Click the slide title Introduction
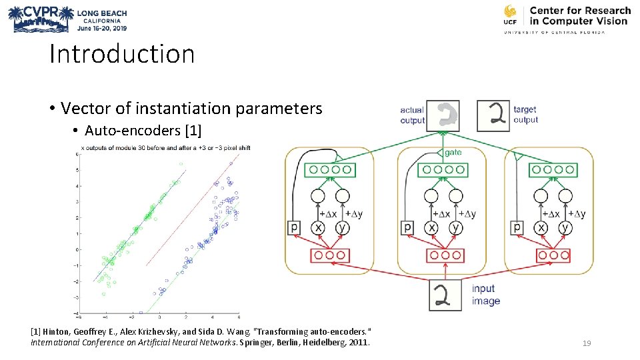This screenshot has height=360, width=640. click(122, 54)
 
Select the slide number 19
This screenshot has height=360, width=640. click(587, 343)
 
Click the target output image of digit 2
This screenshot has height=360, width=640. click(493, 115)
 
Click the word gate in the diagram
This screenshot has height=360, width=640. click(453, 153)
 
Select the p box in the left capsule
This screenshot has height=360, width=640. click(294, 227)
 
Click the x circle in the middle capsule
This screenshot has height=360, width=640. click(432, 227)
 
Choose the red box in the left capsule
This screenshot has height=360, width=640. click(329, 255)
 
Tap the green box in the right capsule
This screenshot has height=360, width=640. click(553, 170)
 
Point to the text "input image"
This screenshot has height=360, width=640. click(485, 295)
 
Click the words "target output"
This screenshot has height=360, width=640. click(525, 115)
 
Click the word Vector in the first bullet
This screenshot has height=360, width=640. click(81, 108)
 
